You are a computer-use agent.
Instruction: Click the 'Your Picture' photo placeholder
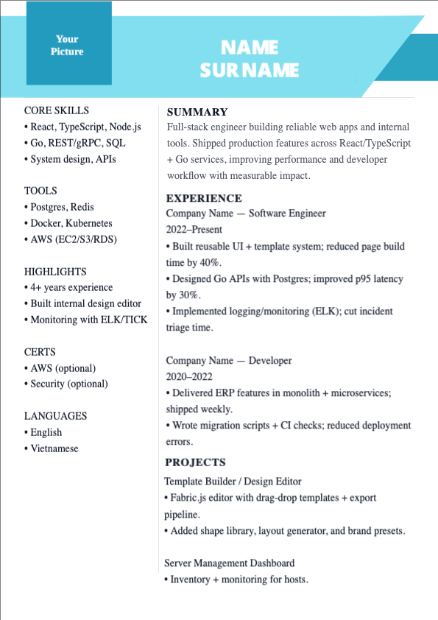pos(68,45)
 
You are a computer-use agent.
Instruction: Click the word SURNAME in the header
pos(250,70)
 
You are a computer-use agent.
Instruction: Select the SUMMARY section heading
pos(197,112)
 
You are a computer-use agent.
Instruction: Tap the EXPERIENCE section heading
pos(204,198)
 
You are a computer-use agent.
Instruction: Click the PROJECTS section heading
pos(195,462)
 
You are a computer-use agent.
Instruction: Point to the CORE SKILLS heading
pos(57,110)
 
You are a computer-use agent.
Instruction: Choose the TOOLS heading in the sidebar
pos(40,191)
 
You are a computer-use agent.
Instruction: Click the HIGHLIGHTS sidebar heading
pos(55,271)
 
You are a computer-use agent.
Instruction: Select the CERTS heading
pos(40,352)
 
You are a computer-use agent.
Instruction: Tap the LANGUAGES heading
pos(55,416)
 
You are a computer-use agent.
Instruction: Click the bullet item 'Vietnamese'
pos(54,448)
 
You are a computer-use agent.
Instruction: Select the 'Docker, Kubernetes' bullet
pos(71,223)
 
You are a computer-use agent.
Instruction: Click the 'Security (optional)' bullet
pos(68,384)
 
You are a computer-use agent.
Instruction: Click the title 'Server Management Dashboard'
pos(229,563)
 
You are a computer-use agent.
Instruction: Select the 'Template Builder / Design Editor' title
pos(233,481)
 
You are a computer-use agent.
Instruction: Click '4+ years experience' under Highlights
pos(71,287)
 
